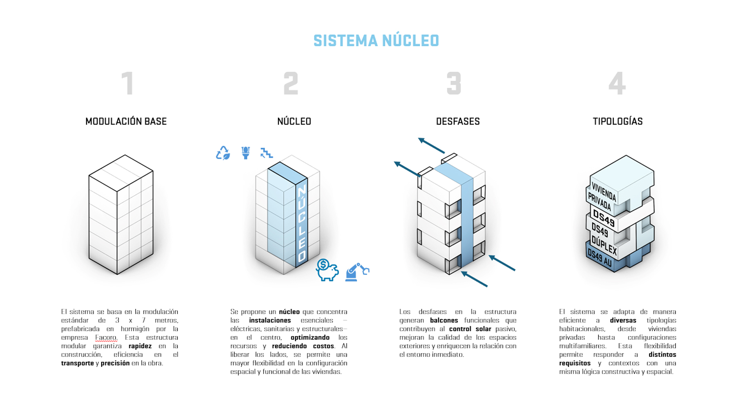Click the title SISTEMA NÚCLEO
tap(376, 41)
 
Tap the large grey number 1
tap(127, 83)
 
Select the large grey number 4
tap(617, 83)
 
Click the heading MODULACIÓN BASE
tap(126, 121)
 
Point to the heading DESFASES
tap(458, 121)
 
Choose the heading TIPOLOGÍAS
tap(618, 121)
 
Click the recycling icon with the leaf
tap(223, 153)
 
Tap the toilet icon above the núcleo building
tap(246, 153)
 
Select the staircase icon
tap(267, 153)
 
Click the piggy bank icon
tap(327, 270)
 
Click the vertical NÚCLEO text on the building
tap(302, 224)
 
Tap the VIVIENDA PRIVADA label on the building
tap(602, 197)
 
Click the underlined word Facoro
tap(106, 337)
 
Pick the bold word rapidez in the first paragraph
tap(140, 346)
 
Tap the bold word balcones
tap(444, 320)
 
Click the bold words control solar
tap(470, 329)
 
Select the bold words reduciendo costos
tap(303, 346)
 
